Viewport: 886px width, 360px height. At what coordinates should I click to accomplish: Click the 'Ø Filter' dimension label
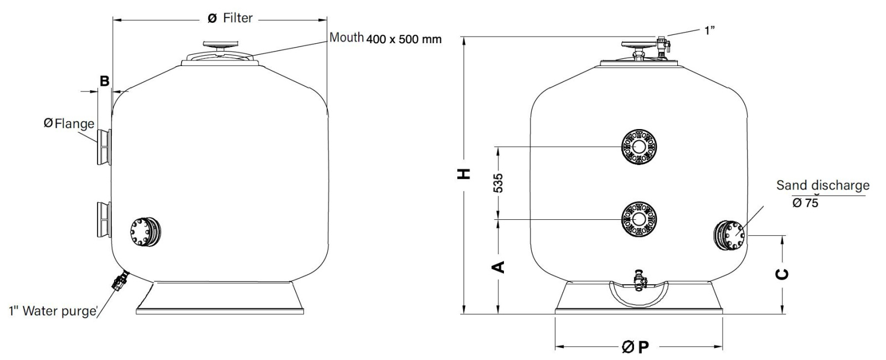[230, 18]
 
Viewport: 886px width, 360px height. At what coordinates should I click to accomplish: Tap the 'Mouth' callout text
[347, 37]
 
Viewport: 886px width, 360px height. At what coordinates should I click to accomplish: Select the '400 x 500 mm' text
[404, 39]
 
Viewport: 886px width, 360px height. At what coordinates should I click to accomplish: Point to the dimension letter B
[105, 81]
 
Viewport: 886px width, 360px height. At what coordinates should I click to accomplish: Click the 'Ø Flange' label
[69, 124]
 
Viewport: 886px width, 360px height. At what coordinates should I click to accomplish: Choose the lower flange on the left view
[104, 219]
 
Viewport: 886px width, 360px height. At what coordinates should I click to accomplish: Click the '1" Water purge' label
[52, 311]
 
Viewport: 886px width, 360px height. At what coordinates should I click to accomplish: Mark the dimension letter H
[463, 173]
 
